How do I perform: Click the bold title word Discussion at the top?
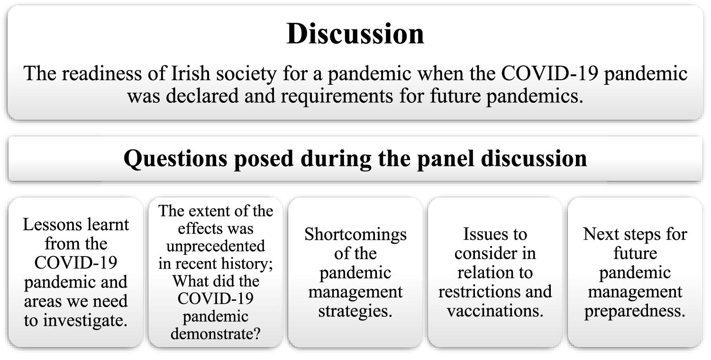click(x=355, y=34)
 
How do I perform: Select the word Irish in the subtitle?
click(x=191, y=73)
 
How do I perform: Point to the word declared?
click(x=202, y=96)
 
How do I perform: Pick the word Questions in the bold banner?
click(x=175, y=159)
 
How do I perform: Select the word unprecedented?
click(x=216, y=246)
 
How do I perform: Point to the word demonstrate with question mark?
click(x=216, y=333)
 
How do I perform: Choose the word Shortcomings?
click(x=355, y=235)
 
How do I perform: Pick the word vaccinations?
click(x=495, y=311)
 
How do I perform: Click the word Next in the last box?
click(x=601, y=234)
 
